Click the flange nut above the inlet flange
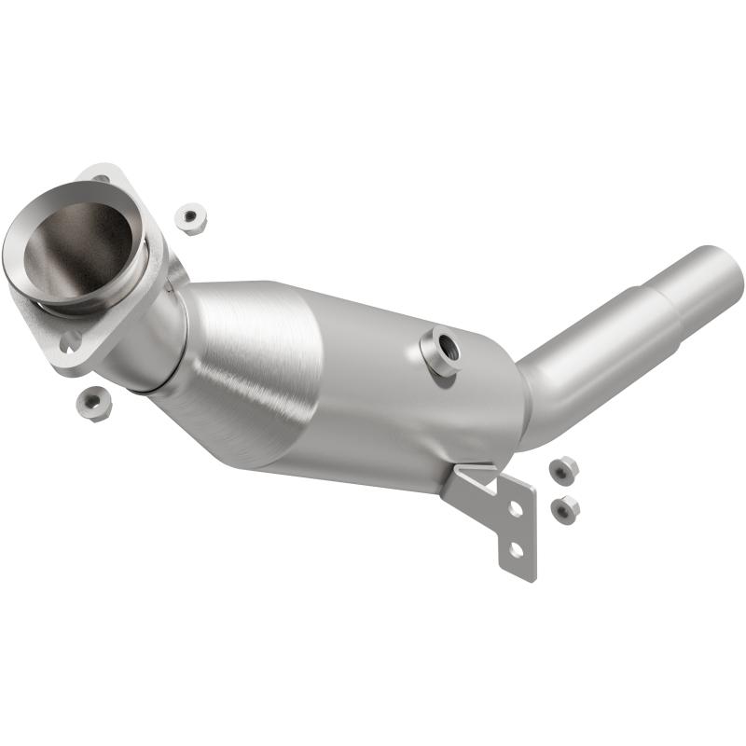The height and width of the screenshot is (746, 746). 191,218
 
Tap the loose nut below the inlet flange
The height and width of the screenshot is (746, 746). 95,403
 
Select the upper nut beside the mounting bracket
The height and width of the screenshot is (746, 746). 563,470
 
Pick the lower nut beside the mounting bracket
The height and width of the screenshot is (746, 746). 564,508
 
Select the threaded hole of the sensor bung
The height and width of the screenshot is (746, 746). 445,347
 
